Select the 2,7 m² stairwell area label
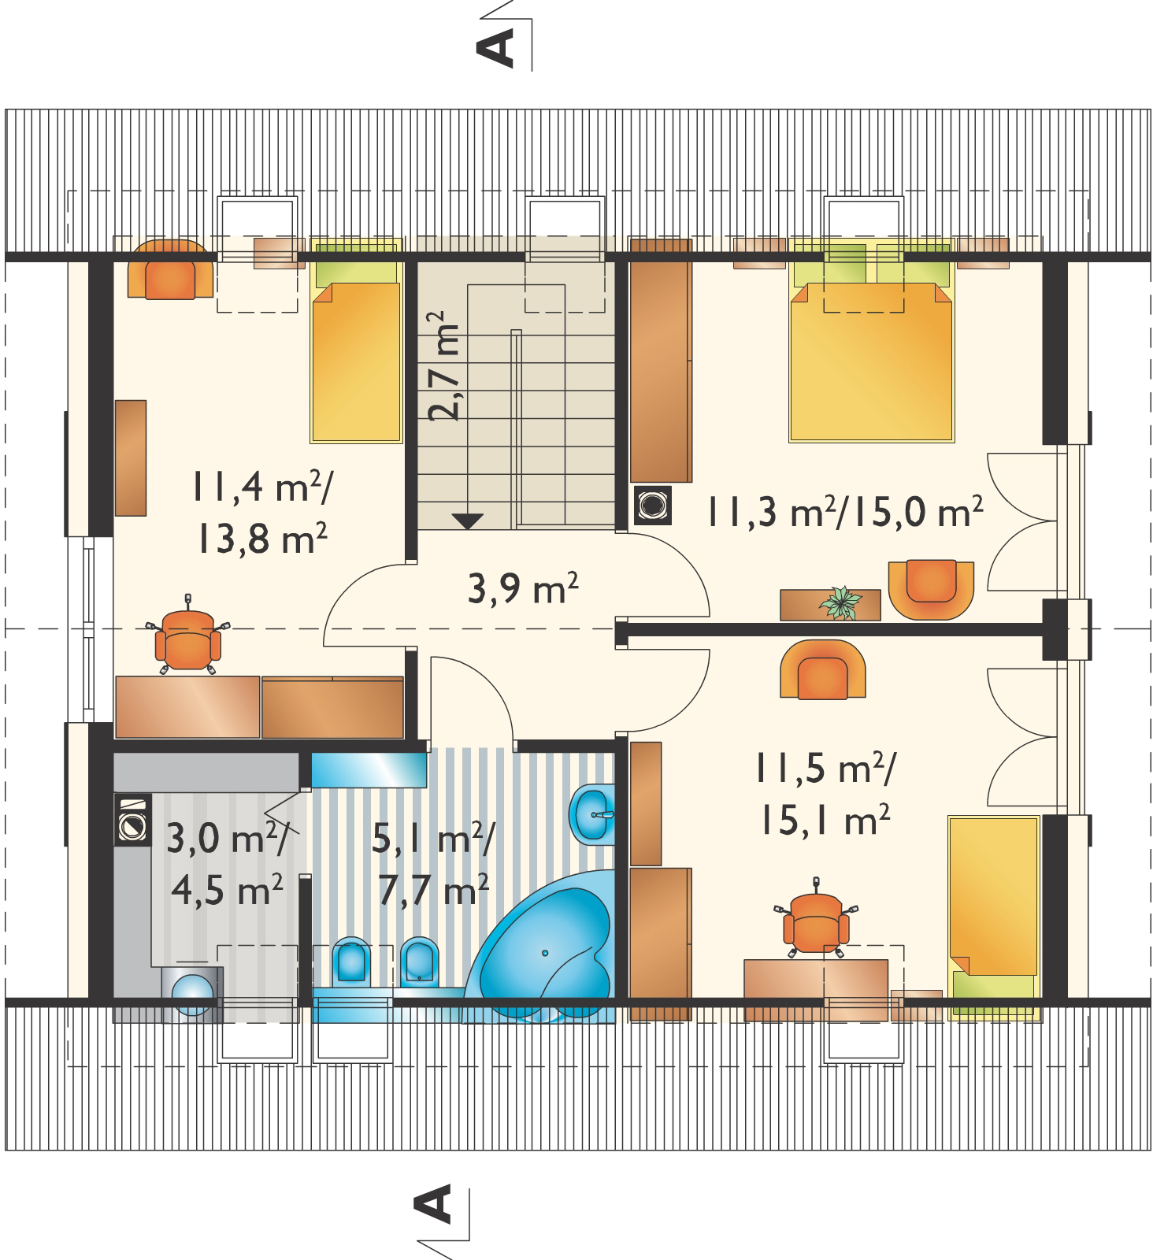[443, 367]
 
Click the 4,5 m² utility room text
[226, 892]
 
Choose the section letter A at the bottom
[432, 1206]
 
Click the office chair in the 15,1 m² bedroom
[817, 918]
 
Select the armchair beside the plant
[931, 589]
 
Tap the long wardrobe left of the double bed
[660, 360]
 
